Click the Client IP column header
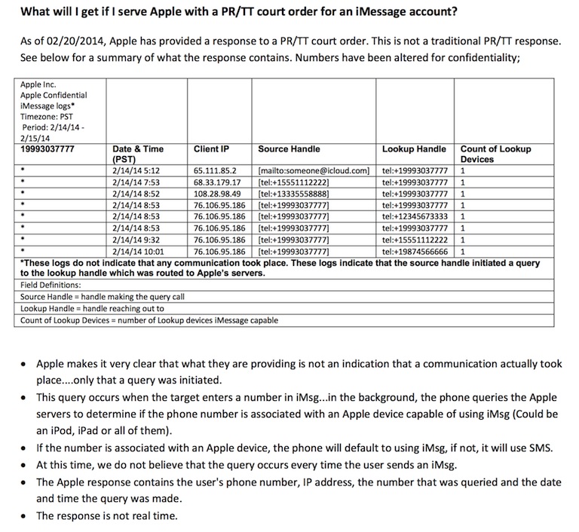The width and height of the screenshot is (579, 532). tap(212, 149)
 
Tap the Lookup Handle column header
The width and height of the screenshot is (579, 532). tap(414, 149)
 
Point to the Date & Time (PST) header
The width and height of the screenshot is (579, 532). tap(138, 154)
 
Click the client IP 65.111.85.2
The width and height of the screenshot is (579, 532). tap(214, 170)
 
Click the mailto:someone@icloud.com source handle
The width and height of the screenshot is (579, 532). tap(312, 170)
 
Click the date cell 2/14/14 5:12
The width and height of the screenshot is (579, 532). tap(135, 170)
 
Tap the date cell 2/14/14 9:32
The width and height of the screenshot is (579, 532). tap(135, 239)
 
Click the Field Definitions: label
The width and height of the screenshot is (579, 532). tap(50, 286)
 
